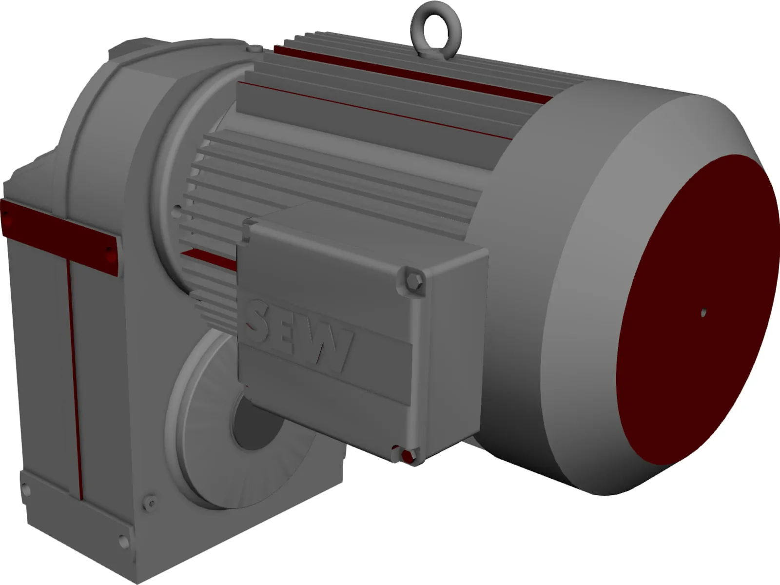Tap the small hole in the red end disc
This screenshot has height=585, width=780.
[x=703, y=312]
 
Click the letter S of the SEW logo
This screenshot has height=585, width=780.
[x=264, y=320]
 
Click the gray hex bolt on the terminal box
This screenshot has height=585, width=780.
[x=414, y=282]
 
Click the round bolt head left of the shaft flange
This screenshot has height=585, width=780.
[x=151, y=502]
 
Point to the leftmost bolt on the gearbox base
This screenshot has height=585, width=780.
[x=25, y=489]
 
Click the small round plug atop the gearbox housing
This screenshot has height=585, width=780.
[x=254, y=48]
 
